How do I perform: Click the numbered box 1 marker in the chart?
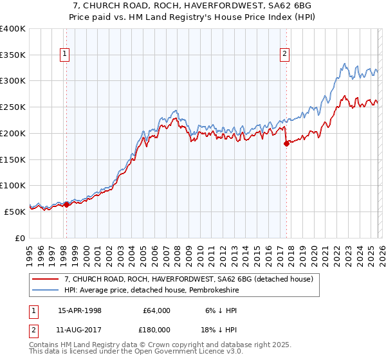coord(66,55)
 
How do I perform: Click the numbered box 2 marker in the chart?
coord(284,55)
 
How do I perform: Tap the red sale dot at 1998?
coord(66,204)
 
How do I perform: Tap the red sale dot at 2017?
coord(286,143)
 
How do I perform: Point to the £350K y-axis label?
coord(13,55)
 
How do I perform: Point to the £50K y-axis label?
coord(15,212)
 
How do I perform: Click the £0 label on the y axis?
coord(21,238)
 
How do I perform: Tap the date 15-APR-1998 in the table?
coord(79,310)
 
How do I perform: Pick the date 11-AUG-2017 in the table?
coord(79,329)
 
